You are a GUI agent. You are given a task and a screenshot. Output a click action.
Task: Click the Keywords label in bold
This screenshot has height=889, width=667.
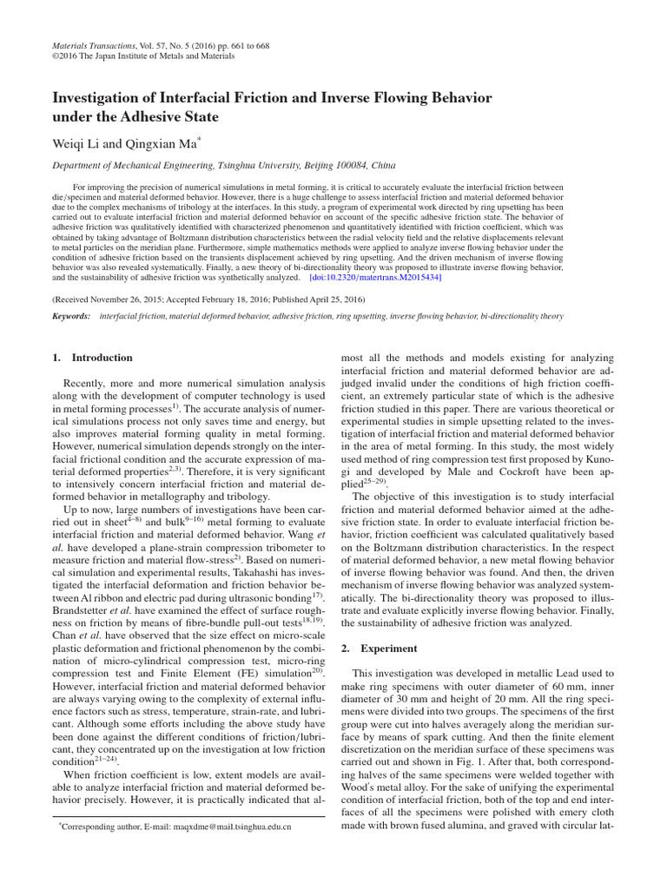coord(71,317)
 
